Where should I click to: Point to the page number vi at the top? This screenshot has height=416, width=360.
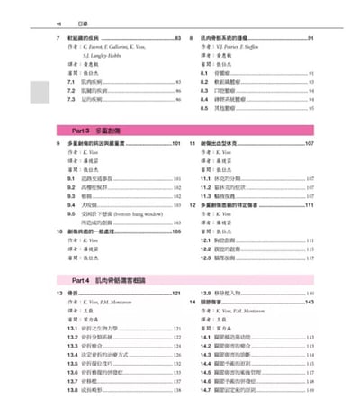[58, 12]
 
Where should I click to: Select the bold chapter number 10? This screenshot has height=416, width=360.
[59, 231]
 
